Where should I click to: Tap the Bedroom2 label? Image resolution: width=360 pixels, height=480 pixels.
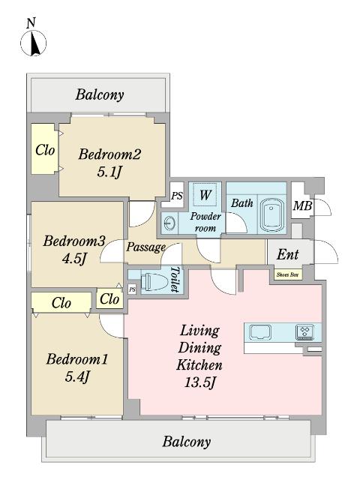point(109,154)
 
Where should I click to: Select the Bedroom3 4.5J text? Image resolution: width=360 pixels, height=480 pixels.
point(73,250)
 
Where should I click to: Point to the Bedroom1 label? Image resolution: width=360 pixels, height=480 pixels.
point(77,358)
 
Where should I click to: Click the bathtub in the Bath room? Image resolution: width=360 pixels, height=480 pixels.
point(271,216)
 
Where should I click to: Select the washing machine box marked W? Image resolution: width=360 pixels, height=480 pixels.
point(205,195)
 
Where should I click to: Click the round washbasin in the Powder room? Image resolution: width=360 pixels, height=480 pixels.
point(170,223)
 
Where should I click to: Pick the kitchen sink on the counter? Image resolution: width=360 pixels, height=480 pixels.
point(260,332)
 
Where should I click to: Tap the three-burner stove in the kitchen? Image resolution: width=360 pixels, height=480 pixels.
point(304,332)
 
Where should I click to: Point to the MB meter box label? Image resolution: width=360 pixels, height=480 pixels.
point(302,205)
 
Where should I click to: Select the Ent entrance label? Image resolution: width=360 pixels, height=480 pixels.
point(288,254)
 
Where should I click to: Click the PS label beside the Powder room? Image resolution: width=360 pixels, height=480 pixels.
point(177,196)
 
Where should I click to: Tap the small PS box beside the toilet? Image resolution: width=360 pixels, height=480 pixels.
point(132,289)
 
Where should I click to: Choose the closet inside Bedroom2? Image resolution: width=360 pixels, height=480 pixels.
point(43,149)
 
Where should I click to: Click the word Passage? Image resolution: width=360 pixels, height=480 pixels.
point(146,247)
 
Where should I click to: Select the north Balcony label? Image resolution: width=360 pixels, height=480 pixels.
point(100,94)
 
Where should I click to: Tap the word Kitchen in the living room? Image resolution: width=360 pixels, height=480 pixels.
point(199,365)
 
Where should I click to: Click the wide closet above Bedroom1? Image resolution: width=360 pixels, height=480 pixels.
point(61,302)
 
